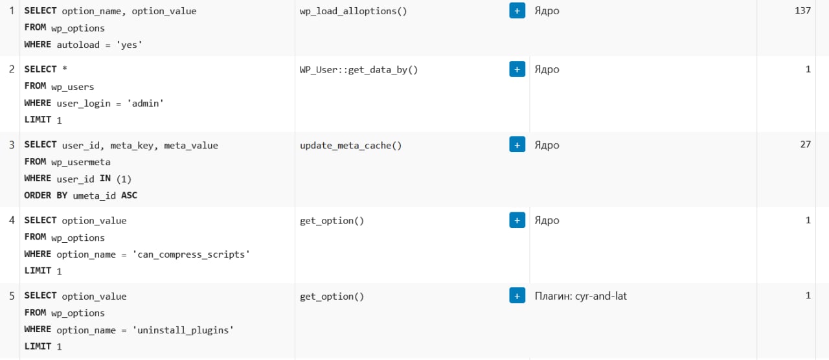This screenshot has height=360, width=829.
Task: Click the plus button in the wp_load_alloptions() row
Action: click(517, 11)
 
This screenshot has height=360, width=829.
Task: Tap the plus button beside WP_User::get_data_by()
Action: click(517, 69)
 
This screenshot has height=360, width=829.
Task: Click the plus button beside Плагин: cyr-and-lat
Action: click(517, 296)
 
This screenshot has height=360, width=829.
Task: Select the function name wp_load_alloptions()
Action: click(353, 11)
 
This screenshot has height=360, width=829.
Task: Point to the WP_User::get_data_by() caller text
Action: click(359, 69)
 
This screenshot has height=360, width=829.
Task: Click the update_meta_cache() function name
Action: click(350, 146)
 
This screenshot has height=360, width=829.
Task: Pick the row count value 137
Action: click(802, 10)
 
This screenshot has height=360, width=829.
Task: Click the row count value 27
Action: click(805, 144)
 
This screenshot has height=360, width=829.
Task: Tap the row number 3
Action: click(12, 144)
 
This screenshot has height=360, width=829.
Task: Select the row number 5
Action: click(12, 296)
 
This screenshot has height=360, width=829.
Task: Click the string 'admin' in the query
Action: click(145, 103)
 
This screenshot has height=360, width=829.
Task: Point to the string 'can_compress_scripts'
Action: click(191, 254)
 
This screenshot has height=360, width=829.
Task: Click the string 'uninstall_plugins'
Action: click(183, 330)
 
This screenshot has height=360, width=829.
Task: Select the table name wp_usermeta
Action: click(81, 162)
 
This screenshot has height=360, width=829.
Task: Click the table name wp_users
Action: click(73, 87)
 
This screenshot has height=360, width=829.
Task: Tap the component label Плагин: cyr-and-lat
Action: click(581, 296)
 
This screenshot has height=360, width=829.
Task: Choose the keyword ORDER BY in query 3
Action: click(45, 195)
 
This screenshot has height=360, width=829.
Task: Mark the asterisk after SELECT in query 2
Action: click(64, 69)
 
